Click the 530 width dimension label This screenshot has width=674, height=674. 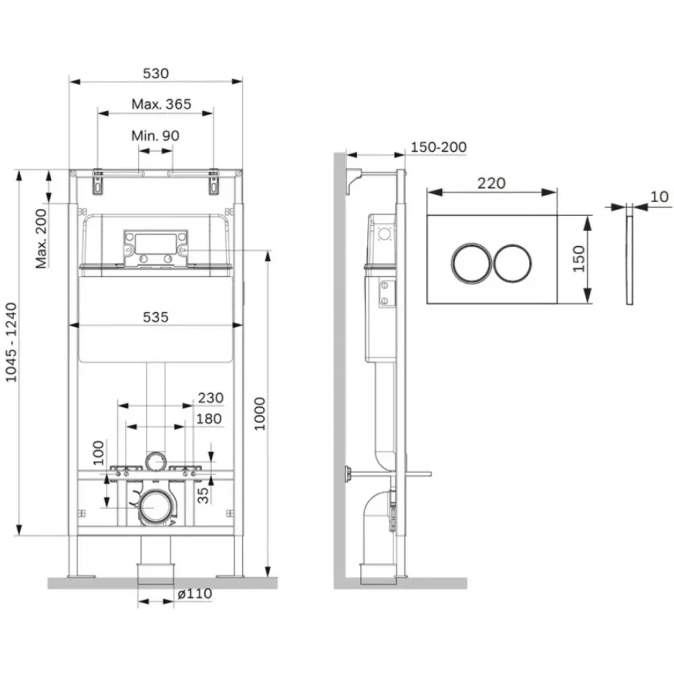point(156,73)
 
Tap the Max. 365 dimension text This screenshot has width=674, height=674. point(161,104)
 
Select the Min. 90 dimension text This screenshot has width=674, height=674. point(155,136)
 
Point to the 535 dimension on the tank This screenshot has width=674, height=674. point(156,317)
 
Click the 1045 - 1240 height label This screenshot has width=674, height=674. point(11,342)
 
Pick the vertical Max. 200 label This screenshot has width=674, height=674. point(41,239)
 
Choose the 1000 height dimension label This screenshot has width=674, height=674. point(259,414)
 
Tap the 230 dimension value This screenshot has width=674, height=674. point(210,398)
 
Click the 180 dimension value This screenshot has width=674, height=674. point(209,419)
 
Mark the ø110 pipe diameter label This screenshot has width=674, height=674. point(195,594)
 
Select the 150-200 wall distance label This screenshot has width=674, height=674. point(439,147)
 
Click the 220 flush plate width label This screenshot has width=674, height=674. point(491,183)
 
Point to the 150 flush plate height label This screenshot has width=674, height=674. point(579,259)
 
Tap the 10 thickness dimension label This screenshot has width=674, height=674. point(659,197)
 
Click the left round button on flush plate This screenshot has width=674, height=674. point(471,264)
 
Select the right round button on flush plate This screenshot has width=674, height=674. point(512,264)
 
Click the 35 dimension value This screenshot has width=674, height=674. point(202,495)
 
